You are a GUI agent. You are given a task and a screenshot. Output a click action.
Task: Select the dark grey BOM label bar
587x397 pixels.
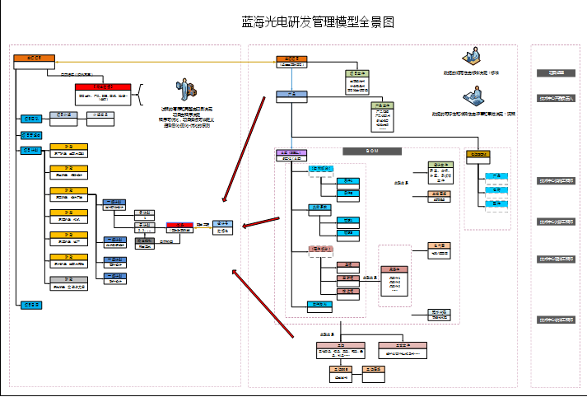pos(372,151)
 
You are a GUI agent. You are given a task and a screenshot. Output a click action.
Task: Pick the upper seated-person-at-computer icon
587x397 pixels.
pos(473,58)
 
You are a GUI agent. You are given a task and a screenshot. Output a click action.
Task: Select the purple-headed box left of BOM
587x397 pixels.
pos(291,154)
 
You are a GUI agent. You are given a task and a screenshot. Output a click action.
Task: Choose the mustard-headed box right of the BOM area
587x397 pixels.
pos(478,155)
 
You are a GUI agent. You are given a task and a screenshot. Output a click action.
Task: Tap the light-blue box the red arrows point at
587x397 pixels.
pos(222,227)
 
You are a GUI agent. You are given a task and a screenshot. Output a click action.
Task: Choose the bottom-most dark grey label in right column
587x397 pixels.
pos(556,320)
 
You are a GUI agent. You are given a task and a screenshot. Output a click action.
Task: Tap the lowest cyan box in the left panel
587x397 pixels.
pos(30,305)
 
